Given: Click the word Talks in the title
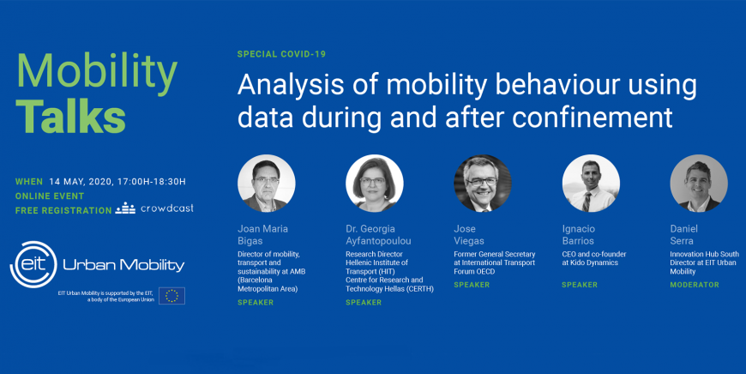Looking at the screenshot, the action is [71, 117].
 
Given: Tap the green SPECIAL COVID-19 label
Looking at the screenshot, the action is [281, 54].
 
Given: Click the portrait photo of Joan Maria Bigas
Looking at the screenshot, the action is [267, 184].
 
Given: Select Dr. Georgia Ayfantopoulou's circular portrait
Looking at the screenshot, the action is [375, 184].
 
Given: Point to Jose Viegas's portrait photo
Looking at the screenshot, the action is [483, 184].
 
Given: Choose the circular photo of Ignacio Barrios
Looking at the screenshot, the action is [591, 184].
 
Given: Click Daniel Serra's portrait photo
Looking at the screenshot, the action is [699, 184].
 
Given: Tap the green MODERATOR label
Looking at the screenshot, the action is [695, 285].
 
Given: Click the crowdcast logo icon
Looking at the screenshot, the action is [125, 208].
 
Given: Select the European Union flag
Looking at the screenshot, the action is [171, 296].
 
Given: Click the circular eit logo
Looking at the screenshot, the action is [33, 264].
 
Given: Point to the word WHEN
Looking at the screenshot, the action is [29, 182].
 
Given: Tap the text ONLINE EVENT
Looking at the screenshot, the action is [50, 196].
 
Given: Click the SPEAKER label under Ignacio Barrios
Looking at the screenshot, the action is [580, 285].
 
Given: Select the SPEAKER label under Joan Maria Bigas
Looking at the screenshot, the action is [256, 303].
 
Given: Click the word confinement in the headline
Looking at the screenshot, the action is [593, 117].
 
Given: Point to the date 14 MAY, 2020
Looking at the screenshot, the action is [81, 182].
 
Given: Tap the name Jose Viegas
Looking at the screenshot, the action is [469, 235].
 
